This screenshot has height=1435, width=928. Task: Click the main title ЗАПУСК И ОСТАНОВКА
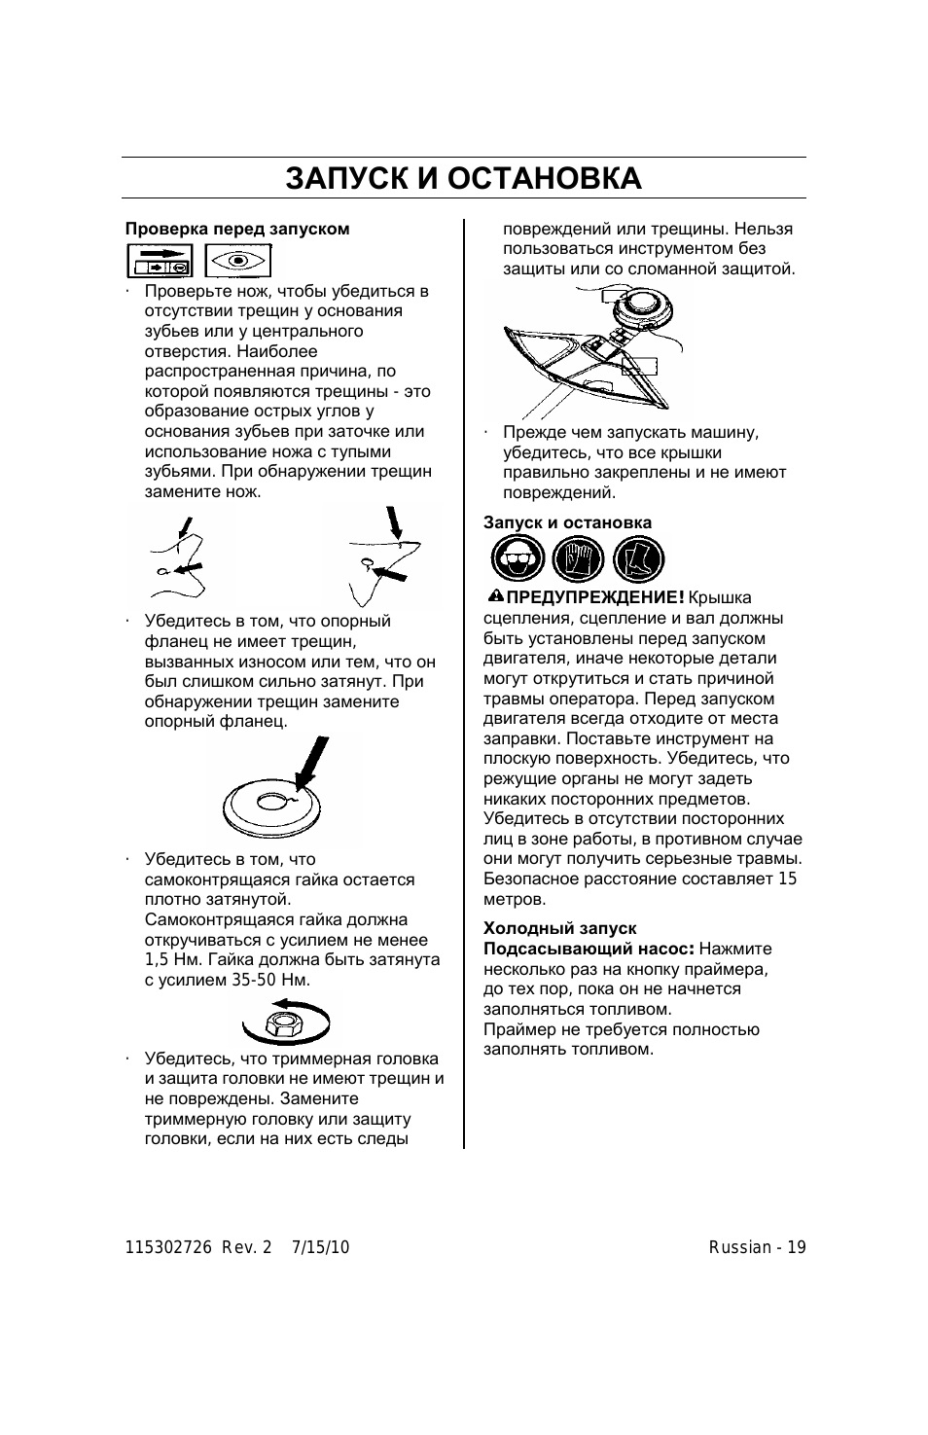click(464, 178)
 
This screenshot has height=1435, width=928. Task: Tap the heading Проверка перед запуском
click(237, 229)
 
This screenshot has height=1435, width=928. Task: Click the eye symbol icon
click(238, 262)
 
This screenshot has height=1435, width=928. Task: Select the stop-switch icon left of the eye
click(161, 262)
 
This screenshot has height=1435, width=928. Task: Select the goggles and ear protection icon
click(518, 558)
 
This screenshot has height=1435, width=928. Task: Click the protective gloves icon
click(579, 558)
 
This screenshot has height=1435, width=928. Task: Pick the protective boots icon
click(638, 558)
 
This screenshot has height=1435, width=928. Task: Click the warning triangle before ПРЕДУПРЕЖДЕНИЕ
click(496, 596)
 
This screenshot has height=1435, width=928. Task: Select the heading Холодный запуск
click(559, 928)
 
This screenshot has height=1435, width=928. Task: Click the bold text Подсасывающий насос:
click(589, 949)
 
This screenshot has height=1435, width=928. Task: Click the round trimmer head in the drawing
click(642, 309)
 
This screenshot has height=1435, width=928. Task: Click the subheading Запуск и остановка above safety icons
click(567, 522)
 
